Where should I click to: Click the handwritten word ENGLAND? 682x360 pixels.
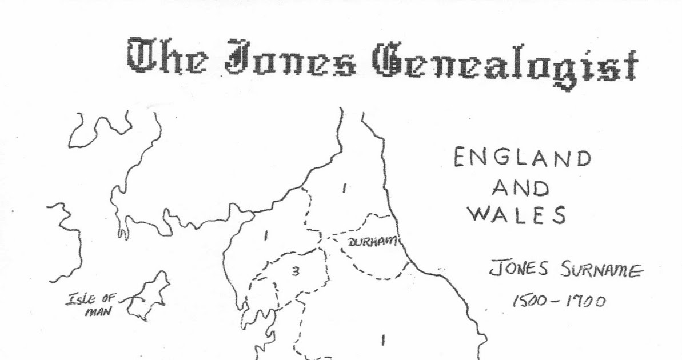[x=521, y=158]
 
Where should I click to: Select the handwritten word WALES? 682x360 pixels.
[x=517, y=216]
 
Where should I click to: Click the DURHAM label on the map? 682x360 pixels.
[x=372, y=243]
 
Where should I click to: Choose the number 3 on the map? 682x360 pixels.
[x=295, y=272]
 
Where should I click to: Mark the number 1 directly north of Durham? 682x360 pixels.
[x=344, y=188]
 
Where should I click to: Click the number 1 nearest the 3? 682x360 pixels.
[x=266, y=234]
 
